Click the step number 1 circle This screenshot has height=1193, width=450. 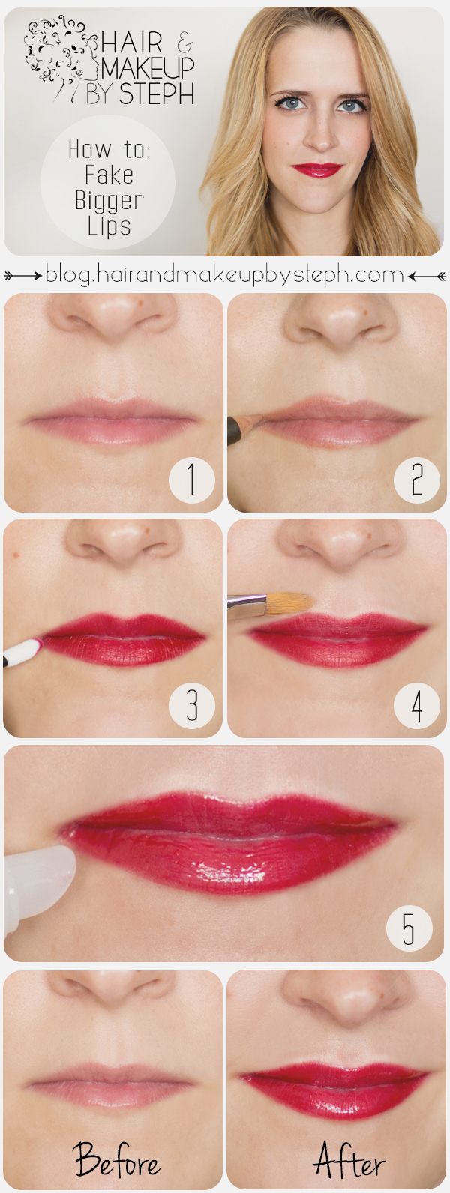[191, 480]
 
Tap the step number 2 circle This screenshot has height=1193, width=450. [416, 480]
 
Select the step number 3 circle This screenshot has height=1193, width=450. [191, 705]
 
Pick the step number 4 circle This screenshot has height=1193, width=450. [416, 705]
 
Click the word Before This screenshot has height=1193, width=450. [117, 1159]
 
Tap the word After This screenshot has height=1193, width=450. [349, 1160]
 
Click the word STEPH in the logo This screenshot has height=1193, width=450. [157, 94]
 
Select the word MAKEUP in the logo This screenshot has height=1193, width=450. [148, 67]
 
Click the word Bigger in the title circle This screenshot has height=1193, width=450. [109, 201]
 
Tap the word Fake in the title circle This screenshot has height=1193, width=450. [109, 175]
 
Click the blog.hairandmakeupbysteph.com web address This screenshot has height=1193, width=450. [224, 274]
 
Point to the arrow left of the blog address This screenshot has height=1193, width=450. [23, 275]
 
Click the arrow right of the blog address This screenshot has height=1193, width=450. [427, 276]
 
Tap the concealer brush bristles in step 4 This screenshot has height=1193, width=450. [289, 603]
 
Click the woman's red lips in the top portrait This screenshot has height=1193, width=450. [316, 169]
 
